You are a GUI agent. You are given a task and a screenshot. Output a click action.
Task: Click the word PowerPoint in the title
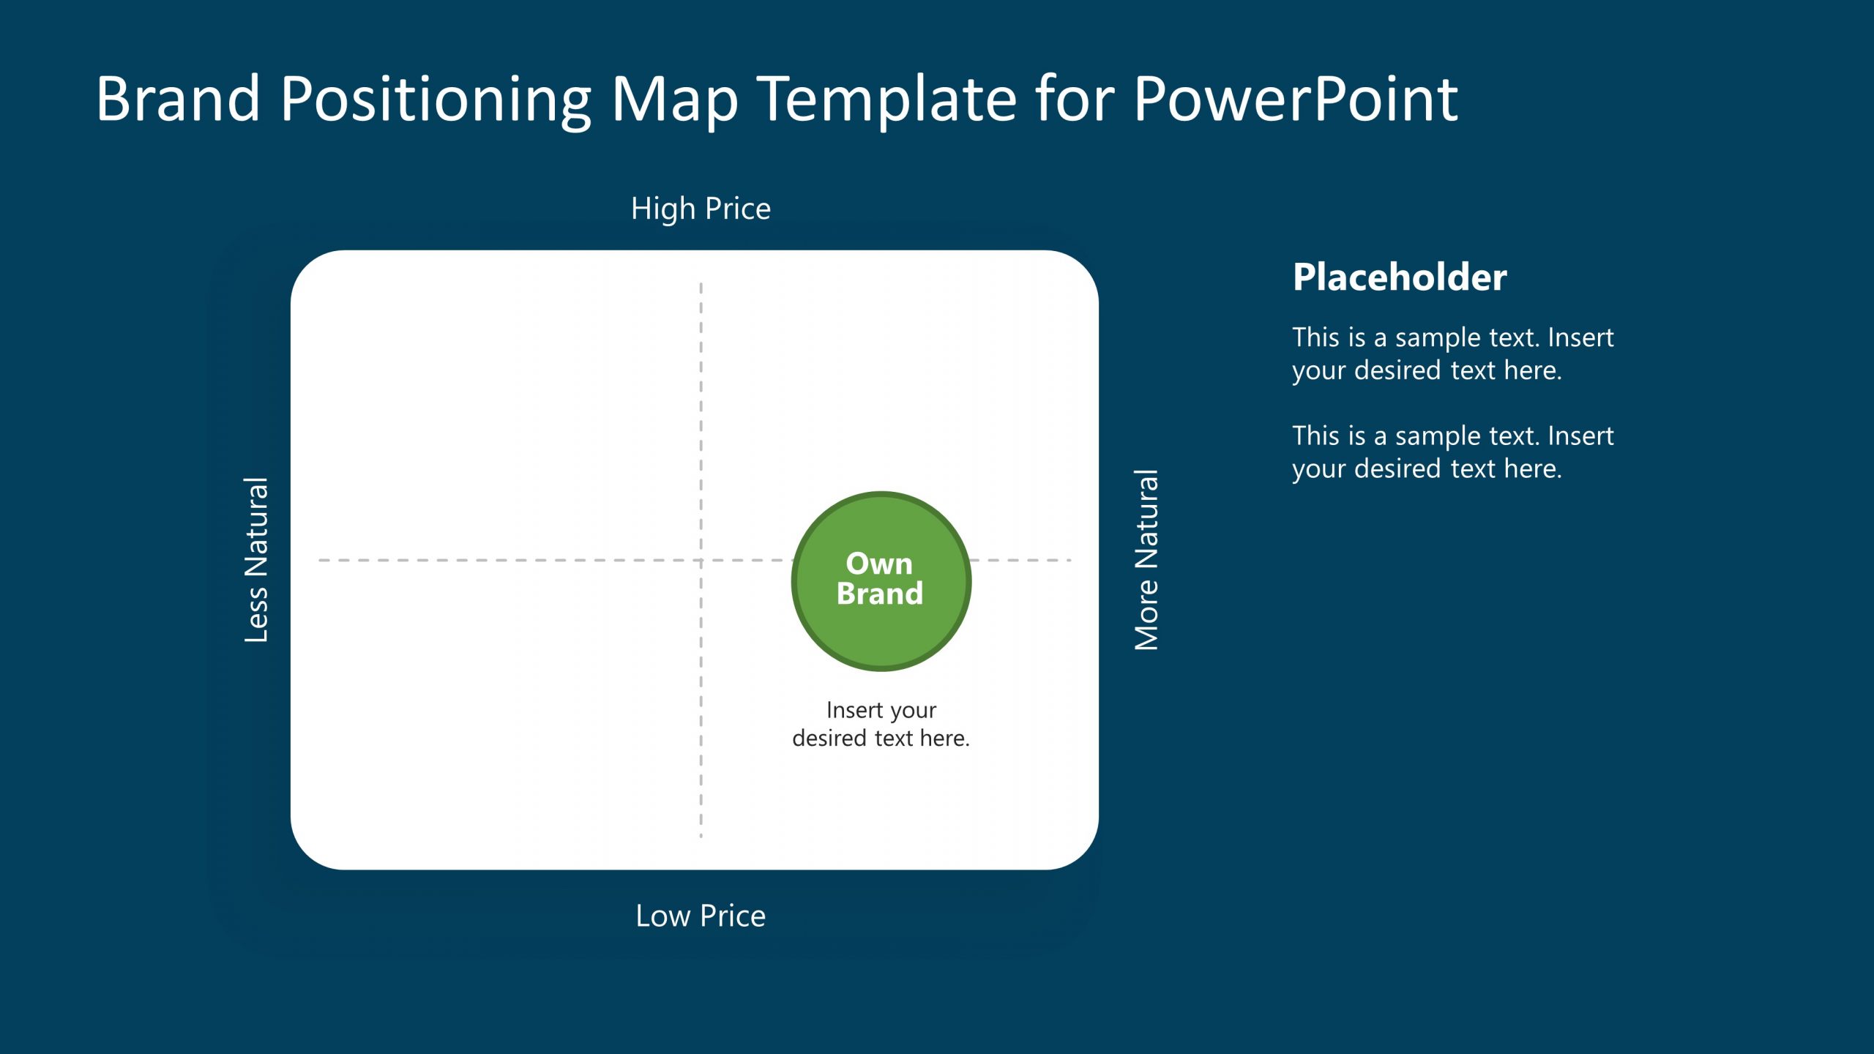point(1296,99)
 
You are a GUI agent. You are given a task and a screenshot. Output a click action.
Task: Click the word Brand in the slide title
point(178,99)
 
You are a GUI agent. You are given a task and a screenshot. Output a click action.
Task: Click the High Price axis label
point(701,209)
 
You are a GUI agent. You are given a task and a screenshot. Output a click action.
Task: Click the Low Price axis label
point(701,916)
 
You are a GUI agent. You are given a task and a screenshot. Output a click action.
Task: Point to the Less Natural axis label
point(256,560)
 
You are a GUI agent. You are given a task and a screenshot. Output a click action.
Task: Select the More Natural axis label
point(1146,560)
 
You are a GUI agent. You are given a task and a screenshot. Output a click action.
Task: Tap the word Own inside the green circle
point(879,564)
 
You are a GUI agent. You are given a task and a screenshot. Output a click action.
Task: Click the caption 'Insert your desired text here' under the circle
point(881,724)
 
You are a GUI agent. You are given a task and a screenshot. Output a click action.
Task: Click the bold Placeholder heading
point(1399,277)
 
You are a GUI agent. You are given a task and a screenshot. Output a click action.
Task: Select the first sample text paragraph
point(1452,354)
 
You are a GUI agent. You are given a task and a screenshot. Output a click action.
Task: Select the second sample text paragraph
point(1452,452)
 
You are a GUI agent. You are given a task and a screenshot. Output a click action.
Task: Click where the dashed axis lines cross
point(701,560)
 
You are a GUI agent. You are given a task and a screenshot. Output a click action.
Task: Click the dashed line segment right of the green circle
point(1021,560)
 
